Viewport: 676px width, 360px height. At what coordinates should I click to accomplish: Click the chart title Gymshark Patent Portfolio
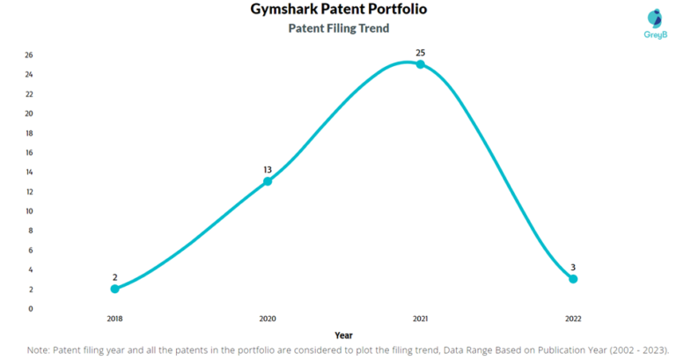point(339,10)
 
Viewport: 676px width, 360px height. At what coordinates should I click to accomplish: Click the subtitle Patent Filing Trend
point(339,28)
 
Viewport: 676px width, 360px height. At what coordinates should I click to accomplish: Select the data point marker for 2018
point(114,289)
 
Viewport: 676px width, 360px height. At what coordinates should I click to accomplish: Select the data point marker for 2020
point(268,181)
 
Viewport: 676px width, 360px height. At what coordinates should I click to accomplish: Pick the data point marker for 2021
point(420,64)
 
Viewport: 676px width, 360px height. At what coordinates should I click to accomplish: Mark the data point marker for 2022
point(573,279)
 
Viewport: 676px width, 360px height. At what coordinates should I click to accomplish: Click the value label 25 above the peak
point(420,52)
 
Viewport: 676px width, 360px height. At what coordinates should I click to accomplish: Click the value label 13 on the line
point(268,169)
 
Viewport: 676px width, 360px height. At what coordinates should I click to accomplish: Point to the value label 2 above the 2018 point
point(114,276)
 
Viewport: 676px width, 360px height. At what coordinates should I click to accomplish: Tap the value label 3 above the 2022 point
point(573,267)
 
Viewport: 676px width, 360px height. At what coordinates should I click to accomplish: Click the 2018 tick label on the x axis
point(114,319)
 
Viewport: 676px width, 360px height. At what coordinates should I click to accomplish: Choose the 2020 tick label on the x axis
point(268,319)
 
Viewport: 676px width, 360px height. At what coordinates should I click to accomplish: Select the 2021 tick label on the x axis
point(420,319)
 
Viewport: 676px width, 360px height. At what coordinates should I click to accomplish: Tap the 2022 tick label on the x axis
point(573,319)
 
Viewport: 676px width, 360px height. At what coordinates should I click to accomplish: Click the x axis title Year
point(344,334)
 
